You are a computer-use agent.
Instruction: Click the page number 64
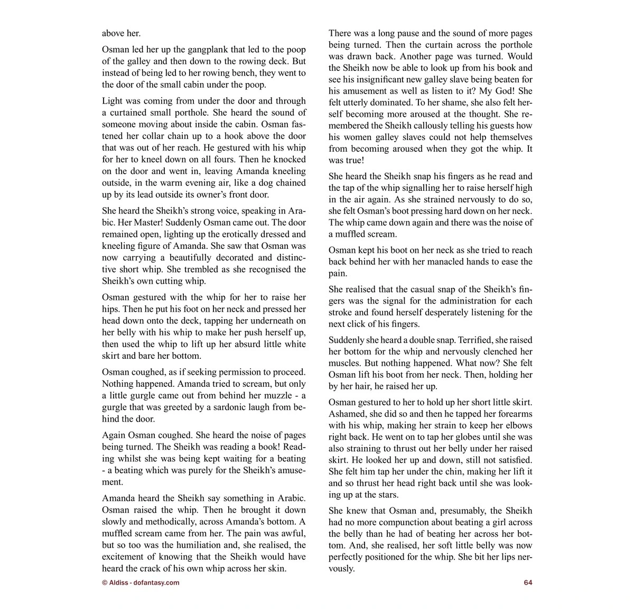[x=528, y=582]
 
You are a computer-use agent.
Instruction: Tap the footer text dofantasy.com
[x=157, y=582]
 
